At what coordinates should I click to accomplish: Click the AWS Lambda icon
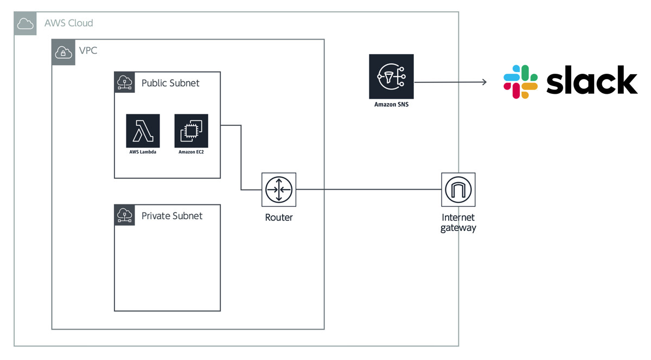tap(143, 131)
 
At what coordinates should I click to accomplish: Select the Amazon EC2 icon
tap(191, 131)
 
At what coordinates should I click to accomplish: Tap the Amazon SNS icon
tap(391, 76)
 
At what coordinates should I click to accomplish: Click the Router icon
tap(279, 190)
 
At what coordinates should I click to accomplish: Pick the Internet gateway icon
tap(458, 190)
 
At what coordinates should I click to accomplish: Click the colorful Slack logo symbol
tap(520, 82)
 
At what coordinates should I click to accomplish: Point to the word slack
tap(591, 81)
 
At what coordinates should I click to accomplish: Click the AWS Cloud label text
tap(68, 23)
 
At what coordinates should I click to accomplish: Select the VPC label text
tap(88, 50)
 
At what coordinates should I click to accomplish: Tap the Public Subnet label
tap(170, 83)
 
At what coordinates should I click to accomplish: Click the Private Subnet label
tap(172, 216)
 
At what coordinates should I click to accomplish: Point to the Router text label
tap(279, 217)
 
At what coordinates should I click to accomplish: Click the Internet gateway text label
tap(458, 223)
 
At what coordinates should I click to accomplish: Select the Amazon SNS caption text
tap(391, 105)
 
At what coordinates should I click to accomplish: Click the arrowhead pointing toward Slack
tap(484, 82)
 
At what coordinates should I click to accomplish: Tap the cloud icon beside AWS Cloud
tap(25, 23)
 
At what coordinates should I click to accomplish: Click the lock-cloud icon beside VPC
tap(63, 52)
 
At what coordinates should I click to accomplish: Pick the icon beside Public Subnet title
tap(125, 82)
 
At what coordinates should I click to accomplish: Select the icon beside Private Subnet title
tap(125, 215)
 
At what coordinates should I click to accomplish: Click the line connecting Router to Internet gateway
tap(369, 190)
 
